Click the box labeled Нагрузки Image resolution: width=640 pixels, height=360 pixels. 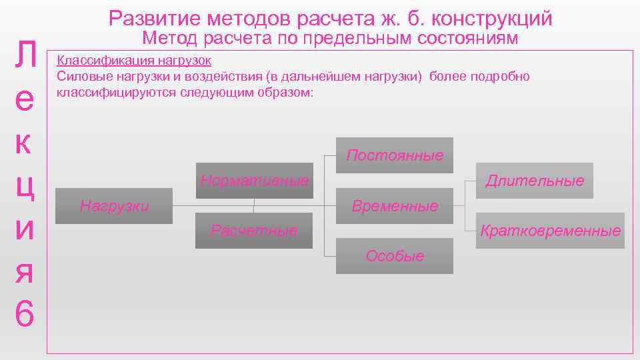click(114, 206)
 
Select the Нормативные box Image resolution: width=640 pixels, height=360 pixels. click(254, 181)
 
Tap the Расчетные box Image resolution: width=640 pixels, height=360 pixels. click(254, 231)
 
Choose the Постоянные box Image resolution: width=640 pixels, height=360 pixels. click(395, 155)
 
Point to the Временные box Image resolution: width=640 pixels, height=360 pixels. click(395, 206)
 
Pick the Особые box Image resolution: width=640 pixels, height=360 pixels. click(395, 256)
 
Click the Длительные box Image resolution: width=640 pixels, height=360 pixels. click(535, 181)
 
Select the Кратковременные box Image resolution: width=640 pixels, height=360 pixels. click(550, 231)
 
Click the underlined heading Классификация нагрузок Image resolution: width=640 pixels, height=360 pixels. click(134, 61)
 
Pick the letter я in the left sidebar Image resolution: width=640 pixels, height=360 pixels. click(23, 270)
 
